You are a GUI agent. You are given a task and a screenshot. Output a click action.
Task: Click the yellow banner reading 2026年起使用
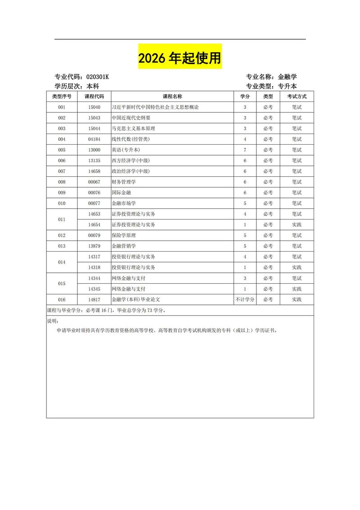(x=180, y=58)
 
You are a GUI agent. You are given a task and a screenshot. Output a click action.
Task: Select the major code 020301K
(x=97, y=77)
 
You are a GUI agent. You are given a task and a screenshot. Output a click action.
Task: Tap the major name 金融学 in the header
(x=287, y=77)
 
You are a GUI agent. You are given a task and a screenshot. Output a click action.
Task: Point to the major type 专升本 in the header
(x=287, y=86)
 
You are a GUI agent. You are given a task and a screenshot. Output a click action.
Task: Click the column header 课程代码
(x=94, y=96)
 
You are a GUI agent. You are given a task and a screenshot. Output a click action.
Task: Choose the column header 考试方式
(x=296, y=96)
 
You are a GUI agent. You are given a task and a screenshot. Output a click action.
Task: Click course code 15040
(x=94, y=107)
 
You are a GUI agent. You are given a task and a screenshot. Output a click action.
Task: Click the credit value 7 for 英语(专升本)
(x=245, y=150)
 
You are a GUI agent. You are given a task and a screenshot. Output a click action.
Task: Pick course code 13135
(x=94, y=161)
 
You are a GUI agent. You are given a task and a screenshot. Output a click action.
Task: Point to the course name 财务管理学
(x=124, y=182)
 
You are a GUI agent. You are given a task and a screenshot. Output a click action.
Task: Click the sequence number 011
(x=62, y=220)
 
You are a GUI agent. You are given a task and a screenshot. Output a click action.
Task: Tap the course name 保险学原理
(x=124, y=235)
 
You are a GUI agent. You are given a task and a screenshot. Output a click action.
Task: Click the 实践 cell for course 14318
(x=296, y=267)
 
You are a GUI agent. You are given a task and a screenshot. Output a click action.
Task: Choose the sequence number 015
(x=62, y=284)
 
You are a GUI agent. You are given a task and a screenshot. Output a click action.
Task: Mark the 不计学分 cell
(x=245, y=299)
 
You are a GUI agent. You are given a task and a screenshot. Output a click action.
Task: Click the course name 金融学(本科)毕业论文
(x=136, y=299)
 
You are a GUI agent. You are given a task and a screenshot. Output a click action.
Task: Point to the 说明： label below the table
(x=53, y=321)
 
